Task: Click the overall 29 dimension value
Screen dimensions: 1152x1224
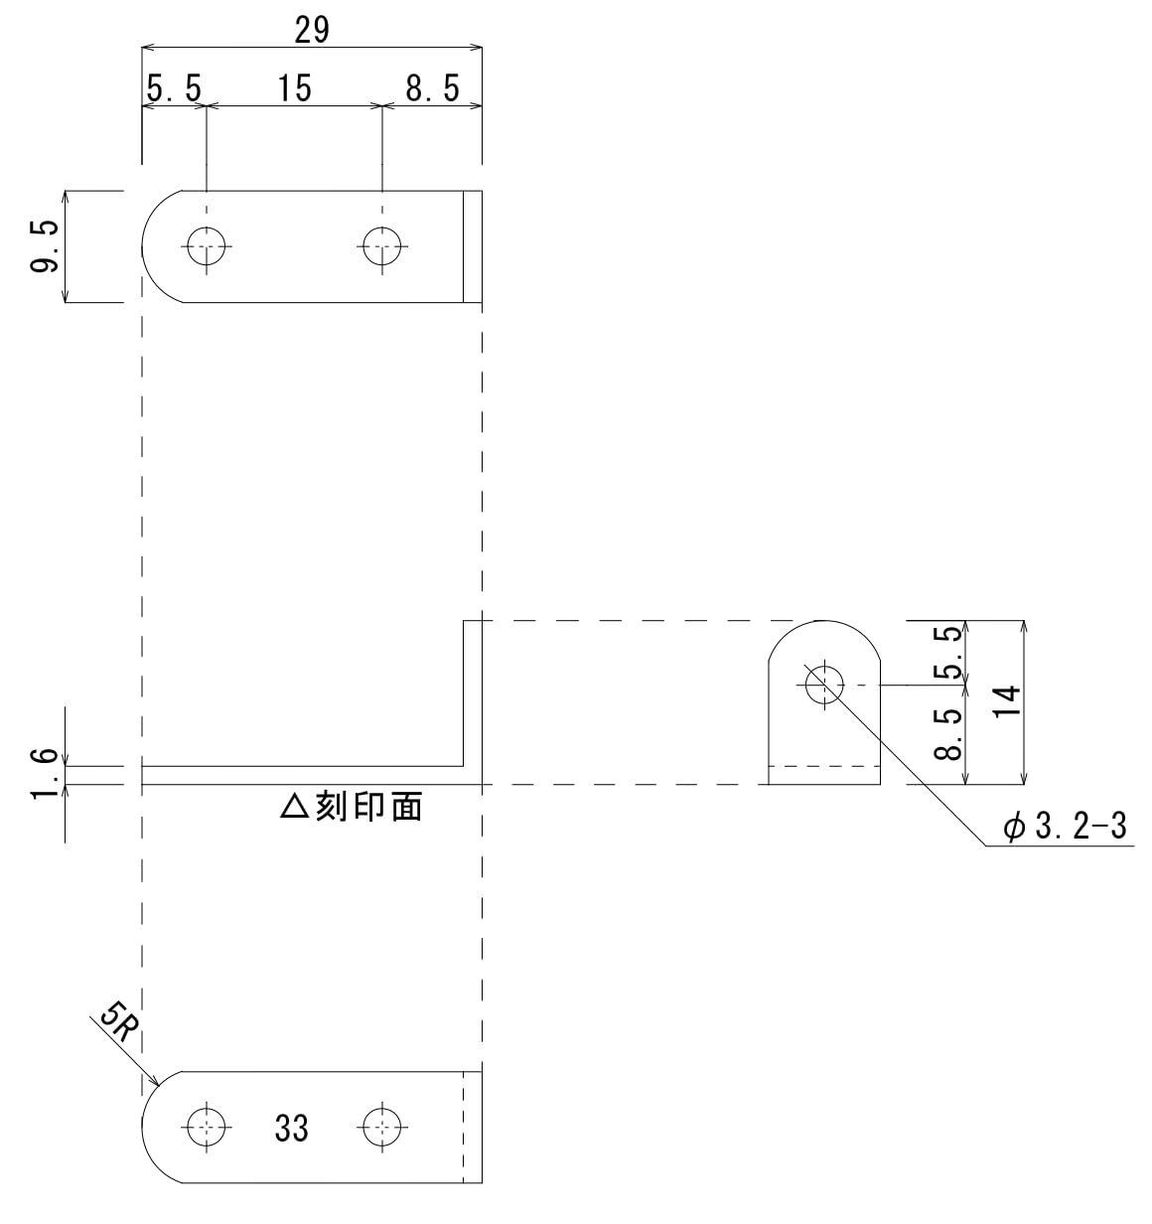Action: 311,30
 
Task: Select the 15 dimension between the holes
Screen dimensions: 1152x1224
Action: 293,88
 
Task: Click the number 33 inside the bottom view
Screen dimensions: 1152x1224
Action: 291,1129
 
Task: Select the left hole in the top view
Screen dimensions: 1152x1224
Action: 207,245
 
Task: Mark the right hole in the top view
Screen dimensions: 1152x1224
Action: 382,245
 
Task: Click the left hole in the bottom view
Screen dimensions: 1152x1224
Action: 207,1126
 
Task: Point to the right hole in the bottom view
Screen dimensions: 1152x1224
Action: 382,1126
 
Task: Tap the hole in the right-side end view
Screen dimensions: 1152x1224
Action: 824,685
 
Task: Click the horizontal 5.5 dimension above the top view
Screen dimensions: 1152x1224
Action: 174,88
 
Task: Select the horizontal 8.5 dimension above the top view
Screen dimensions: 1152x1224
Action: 433,88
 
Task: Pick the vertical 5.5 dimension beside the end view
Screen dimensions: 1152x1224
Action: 950,653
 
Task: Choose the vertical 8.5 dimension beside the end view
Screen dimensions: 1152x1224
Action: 950,734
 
